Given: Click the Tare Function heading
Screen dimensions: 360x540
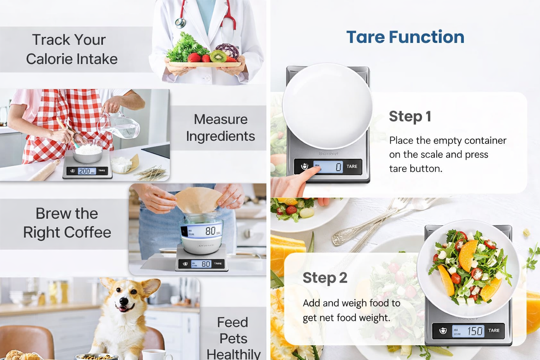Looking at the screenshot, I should (x=405, y=37).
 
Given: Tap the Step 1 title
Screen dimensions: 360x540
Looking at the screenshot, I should (x=410, y=116).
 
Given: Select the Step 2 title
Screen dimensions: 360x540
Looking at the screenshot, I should (x=324, y=278).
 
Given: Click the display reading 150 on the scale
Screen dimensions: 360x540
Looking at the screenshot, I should (x=475, y=331).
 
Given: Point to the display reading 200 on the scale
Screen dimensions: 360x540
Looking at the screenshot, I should (x=85, y=171).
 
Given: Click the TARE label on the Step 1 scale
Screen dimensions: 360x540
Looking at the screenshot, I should (x=352, y=167).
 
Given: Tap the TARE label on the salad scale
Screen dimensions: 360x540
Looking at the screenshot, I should (x=494, y=330).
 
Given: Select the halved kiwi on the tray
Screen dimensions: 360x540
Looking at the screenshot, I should (x=218, y=56).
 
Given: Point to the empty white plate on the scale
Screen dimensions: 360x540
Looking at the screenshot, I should (x=327, y=105).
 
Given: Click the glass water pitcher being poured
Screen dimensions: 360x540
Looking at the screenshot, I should (x=123, y=127).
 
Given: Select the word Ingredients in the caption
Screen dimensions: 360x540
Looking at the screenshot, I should (x=220, y=136).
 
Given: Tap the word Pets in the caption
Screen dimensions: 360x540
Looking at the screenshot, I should (x=233, y=339).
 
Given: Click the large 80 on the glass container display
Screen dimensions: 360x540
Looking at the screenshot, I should (x=210, y=231).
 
